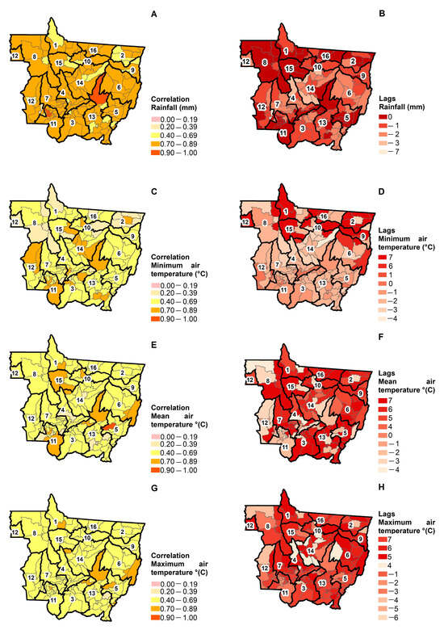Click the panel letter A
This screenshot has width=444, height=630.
coord(153,14)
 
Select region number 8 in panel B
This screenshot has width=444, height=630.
coord(264,61)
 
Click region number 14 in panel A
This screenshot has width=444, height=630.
coord(80,82)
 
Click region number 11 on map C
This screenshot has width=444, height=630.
coord(53,288)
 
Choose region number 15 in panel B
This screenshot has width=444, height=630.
coord(289,69)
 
